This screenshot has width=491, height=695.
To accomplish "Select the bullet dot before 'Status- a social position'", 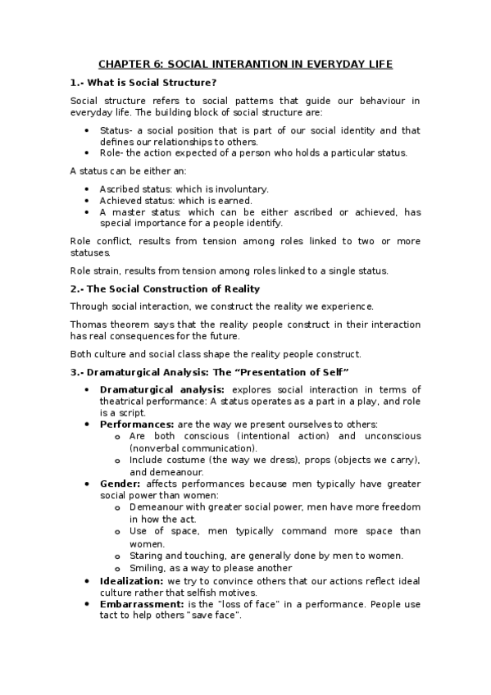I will tap(89, 130).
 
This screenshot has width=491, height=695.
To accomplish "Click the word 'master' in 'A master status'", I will tap(125, 211).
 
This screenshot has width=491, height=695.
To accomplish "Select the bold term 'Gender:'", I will tap(120, 484).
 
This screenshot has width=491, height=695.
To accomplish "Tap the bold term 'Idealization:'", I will tap(131, 580).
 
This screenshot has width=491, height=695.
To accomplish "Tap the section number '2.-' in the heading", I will tap(77, 288).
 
